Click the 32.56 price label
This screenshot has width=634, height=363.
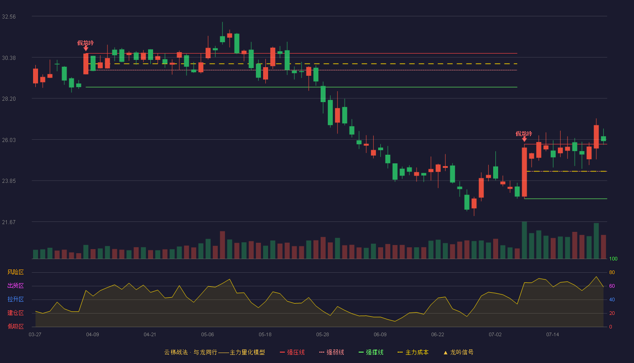tap(9, 17)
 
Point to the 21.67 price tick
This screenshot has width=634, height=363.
tap(9, 222)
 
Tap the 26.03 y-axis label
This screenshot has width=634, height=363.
tap(9, 140)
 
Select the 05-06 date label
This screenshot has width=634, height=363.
tap(207, 335)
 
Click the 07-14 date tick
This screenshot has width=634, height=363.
tap(552, 335)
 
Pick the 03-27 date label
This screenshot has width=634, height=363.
tap(35, 335)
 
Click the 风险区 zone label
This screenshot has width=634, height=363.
tap(15, 272)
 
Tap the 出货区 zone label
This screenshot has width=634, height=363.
tap(15, 285)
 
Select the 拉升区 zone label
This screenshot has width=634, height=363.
tap(15, 299)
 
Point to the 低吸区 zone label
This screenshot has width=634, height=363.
tap(15, 326)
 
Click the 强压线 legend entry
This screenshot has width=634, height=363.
tap(292, 352)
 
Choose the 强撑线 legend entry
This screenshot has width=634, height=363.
tap(371, 352)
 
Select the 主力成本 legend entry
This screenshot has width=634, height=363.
tap(413, 352)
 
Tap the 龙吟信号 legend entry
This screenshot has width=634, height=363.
tap(458, 352)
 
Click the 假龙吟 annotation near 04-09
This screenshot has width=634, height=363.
tap(86, 43)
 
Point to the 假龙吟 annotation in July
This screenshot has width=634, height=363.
tap(524, 134)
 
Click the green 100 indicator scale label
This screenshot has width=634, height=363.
tap(613, 259)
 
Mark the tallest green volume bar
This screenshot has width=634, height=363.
tap(524, 240)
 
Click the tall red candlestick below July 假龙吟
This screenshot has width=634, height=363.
tap(524, 172)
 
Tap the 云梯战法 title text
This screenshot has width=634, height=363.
tap(176, 352)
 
